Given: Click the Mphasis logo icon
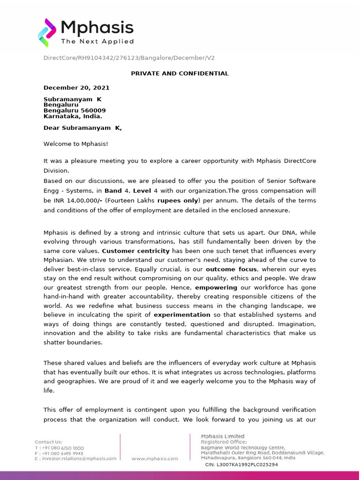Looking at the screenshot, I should click(47, 32).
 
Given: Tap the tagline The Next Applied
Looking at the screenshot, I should click(97, 41).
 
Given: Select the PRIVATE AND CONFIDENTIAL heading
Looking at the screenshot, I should click(180, 74).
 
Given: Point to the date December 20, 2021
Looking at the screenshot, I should click(76, 88).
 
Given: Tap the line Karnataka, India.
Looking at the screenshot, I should click(73, 116).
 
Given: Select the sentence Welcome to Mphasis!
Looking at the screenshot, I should click(75, 144).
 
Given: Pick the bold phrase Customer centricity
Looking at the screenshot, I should click(135, 251).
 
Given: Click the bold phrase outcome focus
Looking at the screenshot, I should click(231, 269).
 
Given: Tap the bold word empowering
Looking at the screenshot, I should click(216, 287).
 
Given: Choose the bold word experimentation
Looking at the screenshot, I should click(182, 315).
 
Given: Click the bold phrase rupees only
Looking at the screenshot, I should click(178, 201).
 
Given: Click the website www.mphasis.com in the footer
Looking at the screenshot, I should click(155, 458).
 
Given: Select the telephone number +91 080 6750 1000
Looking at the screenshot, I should click(63, 448).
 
